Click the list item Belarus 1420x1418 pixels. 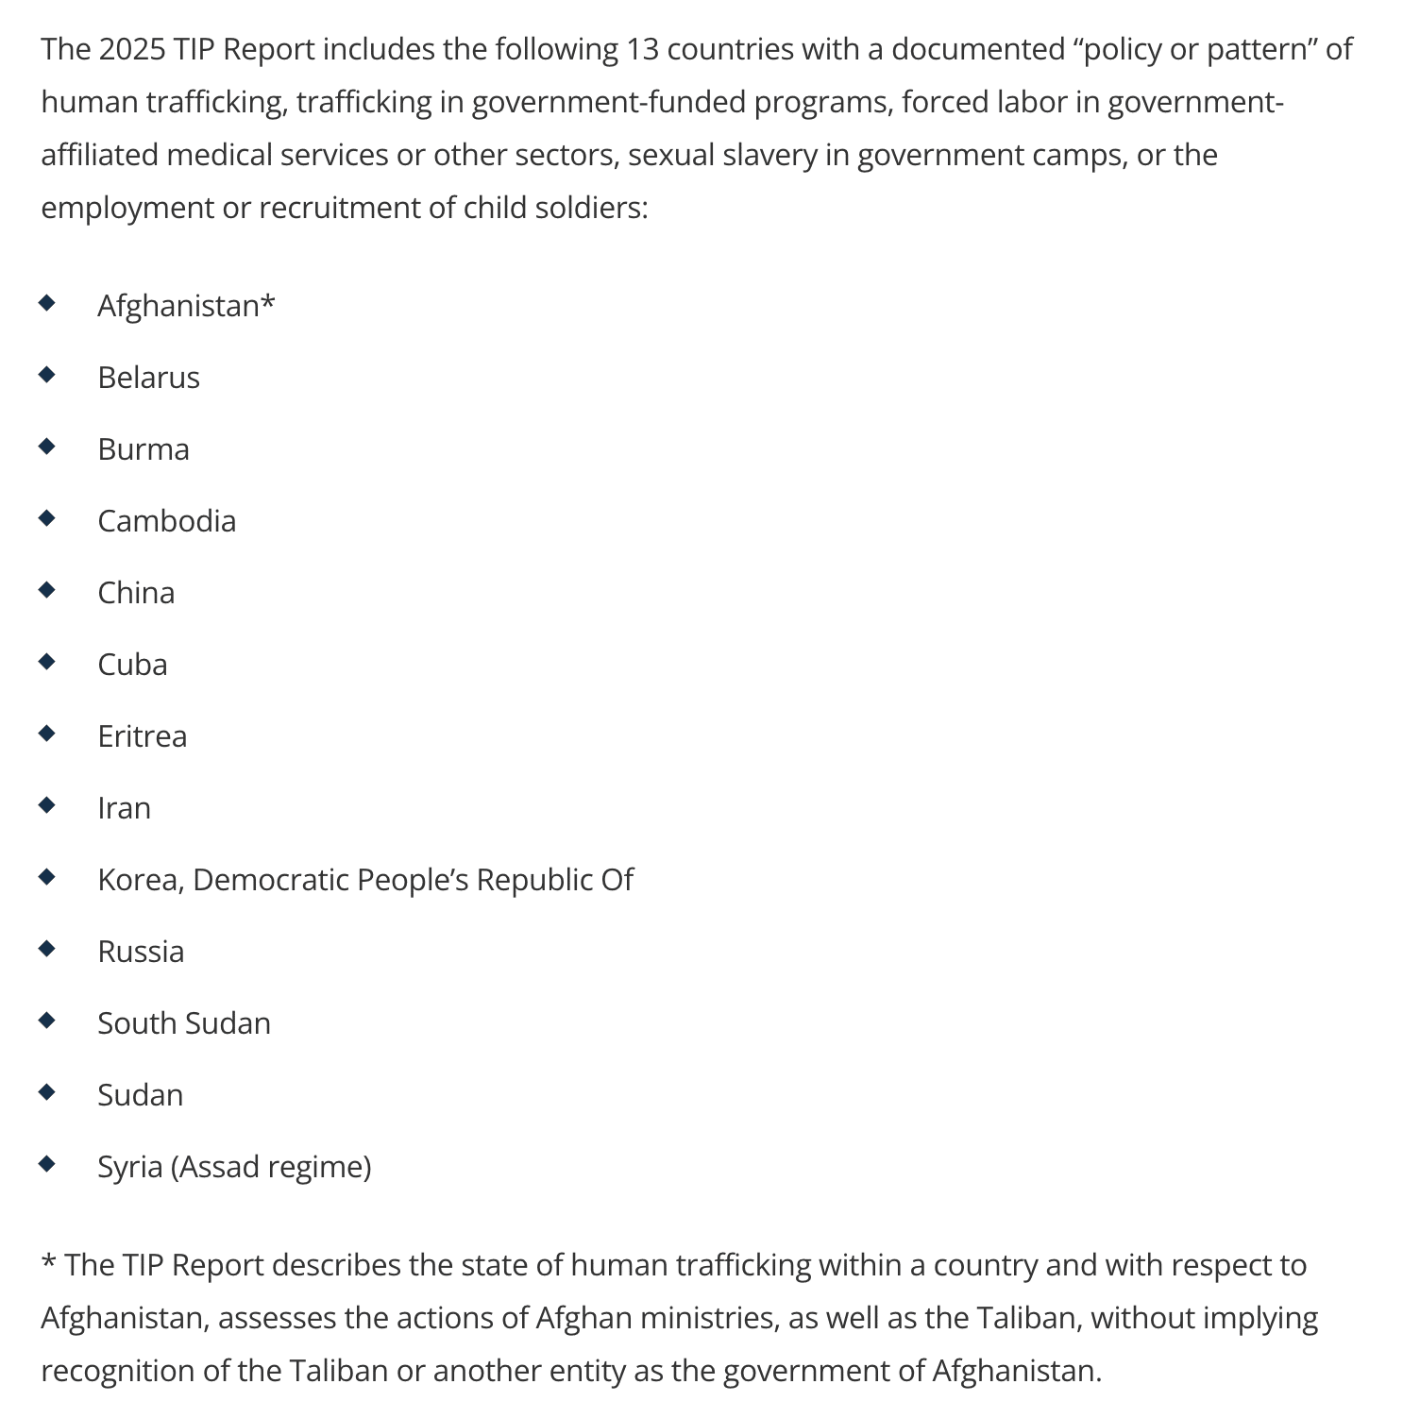[x=148, y=378]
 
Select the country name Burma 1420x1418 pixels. [x=144, y=449]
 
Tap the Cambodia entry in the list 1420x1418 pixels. [x=166, y=521]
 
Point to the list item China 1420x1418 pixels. [x=136, y=593]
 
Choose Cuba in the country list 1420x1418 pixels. [x=132, y=665]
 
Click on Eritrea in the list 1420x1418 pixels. [x=142, y=736]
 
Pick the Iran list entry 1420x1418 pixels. [x=124, y=808]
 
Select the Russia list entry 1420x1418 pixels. [x=141, y=952]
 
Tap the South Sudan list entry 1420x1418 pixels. [x=184, y=1023]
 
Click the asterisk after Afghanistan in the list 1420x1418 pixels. [x=268, y=302]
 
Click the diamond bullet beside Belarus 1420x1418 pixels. [x=47, y=375]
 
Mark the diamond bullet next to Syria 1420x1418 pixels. [x=47, y=1164]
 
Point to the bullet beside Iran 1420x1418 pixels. [x=47, y=805]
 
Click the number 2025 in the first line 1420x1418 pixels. [x=131, y=49]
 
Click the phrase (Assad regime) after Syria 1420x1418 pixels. [x=271, y=1167]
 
